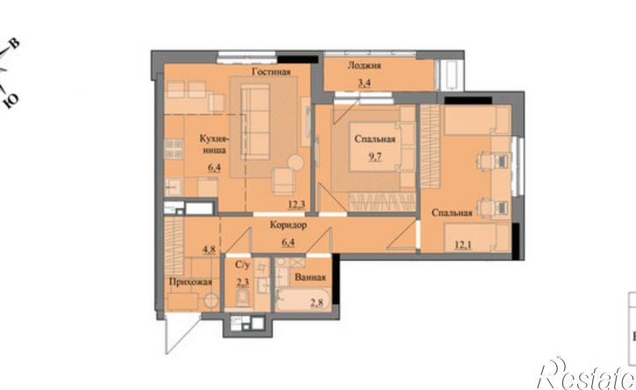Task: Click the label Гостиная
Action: pos(271,72)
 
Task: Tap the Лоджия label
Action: pos(364,65)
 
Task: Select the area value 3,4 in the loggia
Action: pos(364,83)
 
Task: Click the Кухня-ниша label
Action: pos(214,144)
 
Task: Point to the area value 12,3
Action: pos(297,205)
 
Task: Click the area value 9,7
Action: pos(375,157)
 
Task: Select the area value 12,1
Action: pos(463,244)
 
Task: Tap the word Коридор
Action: pos(288,225)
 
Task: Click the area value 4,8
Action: pos(209,249)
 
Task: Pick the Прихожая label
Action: pos(190,282)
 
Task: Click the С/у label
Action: pos(242,265)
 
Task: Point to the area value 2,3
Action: pos(242,282)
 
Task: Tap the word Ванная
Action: pos(311,278)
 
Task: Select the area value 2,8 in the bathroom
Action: pos(317,302)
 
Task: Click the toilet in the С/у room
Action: pos(243,298)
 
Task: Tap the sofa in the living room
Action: pos(255,122)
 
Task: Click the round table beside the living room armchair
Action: pos(296,162)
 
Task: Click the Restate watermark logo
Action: pos(586,374)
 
